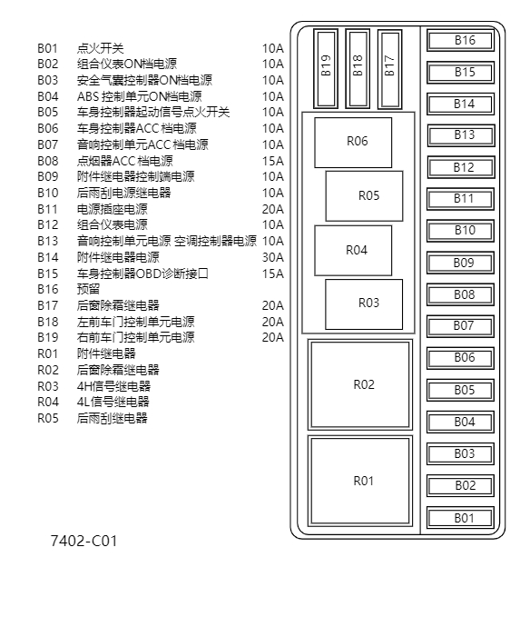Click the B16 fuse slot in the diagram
click(464, 41)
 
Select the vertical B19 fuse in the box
click(327, 66)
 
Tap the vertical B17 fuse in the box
click(389, 66)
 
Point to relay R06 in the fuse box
click(357, 142)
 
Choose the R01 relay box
click(363, 481)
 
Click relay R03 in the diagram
click(368, 304)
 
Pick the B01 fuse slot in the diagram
click(464, 518)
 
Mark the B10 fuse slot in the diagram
click(464, 231)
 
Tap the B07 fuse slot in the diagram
click(464, 325)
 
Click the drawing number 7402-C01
click(83, 542)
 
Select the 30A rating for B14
click(272, 257)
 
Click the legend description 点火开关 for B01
click(100, 48)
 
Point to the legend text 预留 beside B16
click(88, 289)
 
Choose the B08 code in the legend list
click(47, 161)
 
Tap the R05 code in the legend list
click(47, 418)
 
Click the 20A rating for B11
click(272, 209)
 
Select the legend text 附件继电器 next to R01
click(106, 353)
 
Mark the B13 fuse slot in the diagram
click(464, 135)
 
